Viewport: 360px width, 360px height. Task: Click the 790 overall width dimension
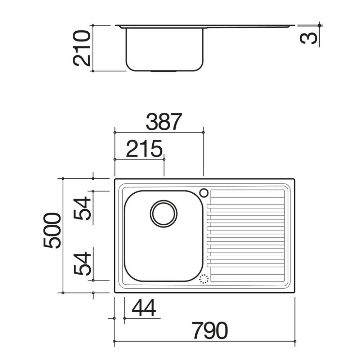pyautogui.click(x=210, y=330)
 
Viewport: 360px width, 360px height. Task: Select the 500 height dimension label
pyautogui.click(x=52, y=230)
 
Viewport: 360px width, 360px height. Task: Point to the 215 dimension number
pyautogui.click(x=144, y=149)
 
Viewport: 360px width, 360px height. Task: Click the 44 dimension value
pyautogui.click(x=144, y=308)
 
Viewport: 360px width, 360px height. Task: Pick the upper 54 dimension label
pyautogui.click(x=82, y=208)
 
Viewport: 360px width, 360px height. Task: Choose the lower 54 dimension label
pyautogui.click(x=82, y=264)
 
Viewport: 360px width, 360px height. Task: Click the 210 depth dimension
pyautogui.click(x=81, y=48)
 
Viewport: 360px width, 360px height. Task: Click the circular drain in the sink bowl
pyautogui.click(x=163, y=213)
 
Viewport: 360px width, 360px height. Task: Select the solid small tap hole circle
pyautogui.click(x=204, y=193)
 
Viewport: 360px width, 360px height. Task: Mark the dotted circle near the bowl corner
pyautogui.click(x=204, y=279)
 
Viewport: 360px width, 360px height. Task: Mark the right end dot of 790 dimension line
pyautogui.click(x=295, y=341)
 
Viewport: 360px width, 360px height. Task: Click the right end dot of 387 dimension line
pyautogui.click(x=203, y=132)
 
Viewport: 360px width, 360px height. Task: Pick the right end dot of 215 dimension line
pyautogui.click(x=164, y=159)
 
